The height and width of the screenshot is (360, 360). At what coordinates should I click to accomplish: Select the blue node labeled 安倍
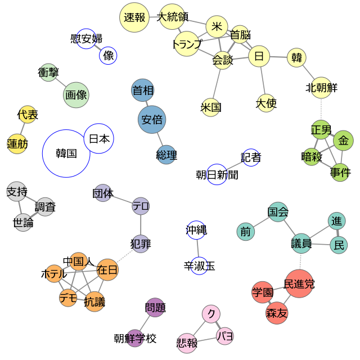pos(152,119)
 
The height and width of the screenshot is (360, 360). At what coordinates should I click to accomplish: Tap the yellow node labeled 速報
pos(134,17)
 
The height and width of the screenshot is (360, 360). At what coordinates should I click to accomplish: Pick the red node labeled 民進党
pos(299,283)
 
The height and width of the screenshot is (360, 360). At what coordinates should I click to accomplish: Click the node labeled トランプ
pos(187,44)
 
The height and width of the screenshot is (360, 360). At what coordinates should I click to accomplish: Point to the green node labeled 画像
pos(76,95)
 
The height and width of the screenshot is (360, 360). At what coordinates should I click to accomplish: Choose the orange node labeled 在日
pos(107,269)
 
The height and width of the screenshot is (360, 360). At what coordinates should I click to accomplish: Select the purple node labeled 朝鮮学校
pos(135,338)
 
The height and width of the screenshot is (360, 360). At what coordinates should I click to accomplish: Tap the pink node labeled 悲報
pos(187,343)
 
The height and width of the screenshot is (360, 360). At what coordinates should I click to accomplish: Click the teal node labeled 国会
pos(278,211)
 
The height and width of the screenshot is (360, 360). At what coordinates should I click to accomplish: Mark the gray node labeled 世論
pos(23,223)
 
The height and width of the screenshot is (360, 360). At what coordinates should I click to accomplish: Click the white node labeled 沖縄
pos(196,230)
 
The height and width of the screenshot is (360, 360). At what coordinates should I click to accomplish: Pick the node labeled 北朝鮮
pos(321,88)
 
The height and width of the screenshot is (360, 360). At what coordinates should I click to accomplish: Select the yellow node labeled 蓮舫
pos(17,144)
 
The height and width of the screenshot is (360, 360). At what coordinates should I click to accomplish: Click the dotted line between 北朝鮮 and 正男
pos(321,109)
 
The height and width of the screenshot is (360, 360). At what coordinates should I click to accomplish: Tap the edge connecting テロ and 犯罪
pos(141,225)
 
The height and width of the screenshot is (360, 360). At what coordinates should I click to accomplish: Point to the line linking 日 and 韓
pos(278,57)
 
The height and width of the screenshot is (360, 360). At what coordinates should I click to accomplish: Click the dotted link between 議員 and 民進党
pos(300,262)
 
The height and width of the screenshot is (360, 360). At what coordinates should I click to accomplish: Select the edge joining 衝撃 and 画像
pos(61,83)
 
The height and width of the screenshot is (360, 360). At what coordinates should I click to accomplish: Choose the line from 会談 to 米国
pos(217,84)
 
